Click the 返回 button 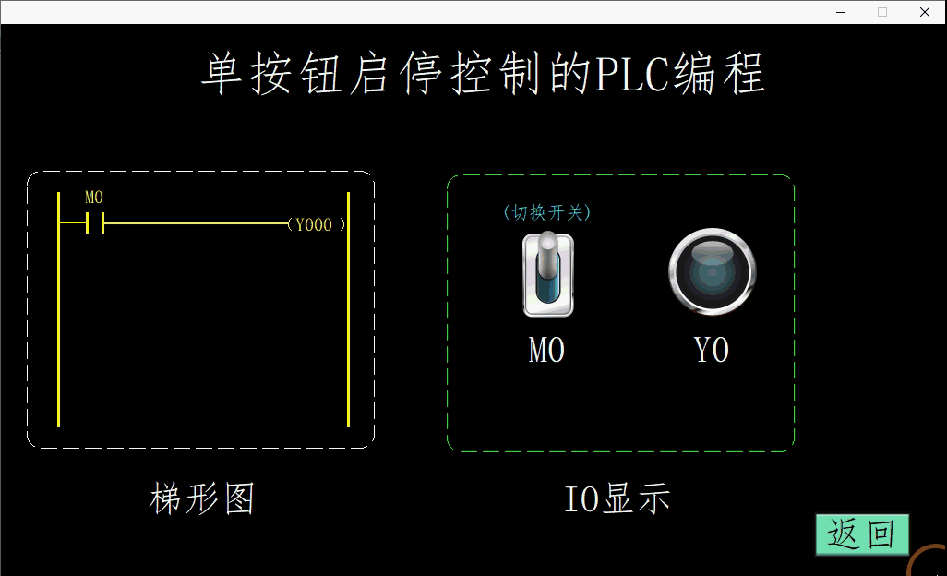click(x=862, y=534)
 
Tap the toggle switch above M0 click(x=548, y=274)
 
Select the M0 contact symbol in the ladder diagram click(x=94, y=223)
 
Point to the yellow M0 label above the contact click(x=94, y=198)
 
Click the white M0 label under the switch click(x=546, y=350)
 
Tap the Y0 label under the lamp click(x=712, y=350)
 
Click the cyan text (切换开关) click(x=547, y=212)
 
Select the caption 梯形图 click(x=202, y=498)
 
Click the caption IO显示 click(x=617, y=498)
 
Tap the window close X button click(x=924, y=12)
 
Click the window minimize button click(x=841, y=12)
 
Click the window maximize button click(x=882, y=12)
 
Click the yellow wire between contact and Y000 click(x=194, y=223)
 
